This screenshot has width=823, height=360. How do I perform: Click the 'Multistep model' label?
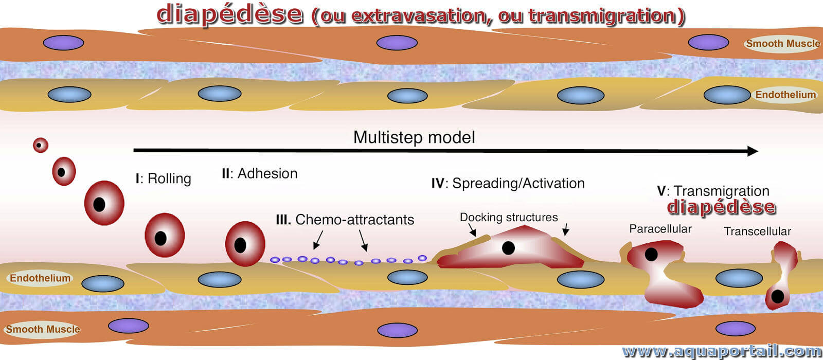pos(414,138)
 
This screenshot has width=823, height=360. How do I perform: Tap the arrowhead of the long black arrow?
pos(752,151)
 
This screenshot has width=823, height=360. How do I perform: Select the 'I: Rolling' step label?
pos(163,179)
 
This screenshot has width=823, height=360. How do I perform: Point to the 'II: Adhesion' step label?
pos(259,173)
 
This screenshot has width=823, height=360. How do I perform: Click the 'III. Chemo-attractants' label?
pos(345,220)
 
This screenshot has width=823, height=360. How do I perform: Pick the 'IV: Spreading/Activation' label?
pos(508,183)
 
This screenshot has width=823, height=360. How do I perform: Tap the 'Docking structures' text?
pos(509,217)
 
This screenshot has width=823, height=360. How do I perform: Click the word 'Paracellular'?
pos(660,229)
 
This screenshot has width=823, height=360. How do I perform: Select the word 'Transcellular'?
pos(757,231)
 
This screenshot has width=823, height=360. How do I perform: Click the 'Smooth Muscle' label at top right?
pos(783,44)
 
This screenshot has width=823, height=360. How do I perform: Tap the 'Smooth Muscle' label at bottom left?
pos(43,329)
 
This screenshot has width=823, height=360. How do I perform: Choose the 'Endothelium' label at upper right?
pos(785,95)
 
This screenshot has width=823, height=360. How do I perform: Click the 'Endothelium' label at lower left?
pos(40,278)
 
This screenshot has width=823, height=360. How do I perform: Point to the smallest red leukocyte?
pos(41,145)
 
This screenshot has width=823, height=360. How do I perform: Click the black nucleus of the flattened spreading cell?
pos(508,248)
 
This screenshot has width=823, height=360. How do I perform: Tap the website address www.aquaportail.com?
pos(722,352)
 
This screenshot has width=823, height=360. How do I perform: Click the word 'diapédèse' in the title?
pos(230,15)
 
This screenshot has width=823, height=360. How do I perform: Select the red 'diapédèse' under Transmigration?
pos(721,207)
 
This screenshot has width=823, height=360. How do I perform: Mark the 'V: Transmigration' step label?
pos(713,191)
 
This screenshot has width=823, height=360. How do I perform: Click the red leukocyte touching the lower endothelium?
pos(245,244)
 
